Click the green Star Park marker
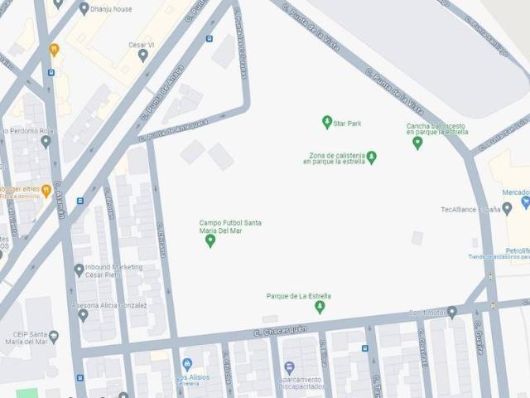[327, 123]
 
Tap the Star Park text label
[348, 124]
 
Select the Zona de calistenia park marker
[372, 157]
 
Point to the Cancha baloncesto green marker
[417, 143]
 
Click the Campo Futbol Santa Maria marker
[210, 240]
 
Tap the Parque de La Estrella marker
[320, 307]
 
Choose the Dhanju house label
[111, 8]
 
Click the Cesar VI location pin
[143, 56]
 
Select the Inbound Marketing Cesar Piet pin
[79, 269]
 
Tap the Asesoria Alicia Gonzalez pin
[83, 315]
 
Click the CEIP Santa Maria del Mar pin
[54, 337]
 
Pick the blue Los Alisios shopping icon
[187, 365]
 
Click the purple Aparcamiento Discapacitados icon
[289, 367]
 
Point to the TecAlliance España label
[476, 210]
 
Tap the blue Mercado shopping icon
[525, 201]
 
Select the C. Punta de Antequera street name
[174, 130]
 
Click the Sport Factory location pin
[452, 312]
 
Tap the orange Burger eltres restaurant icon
[46, 190]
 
